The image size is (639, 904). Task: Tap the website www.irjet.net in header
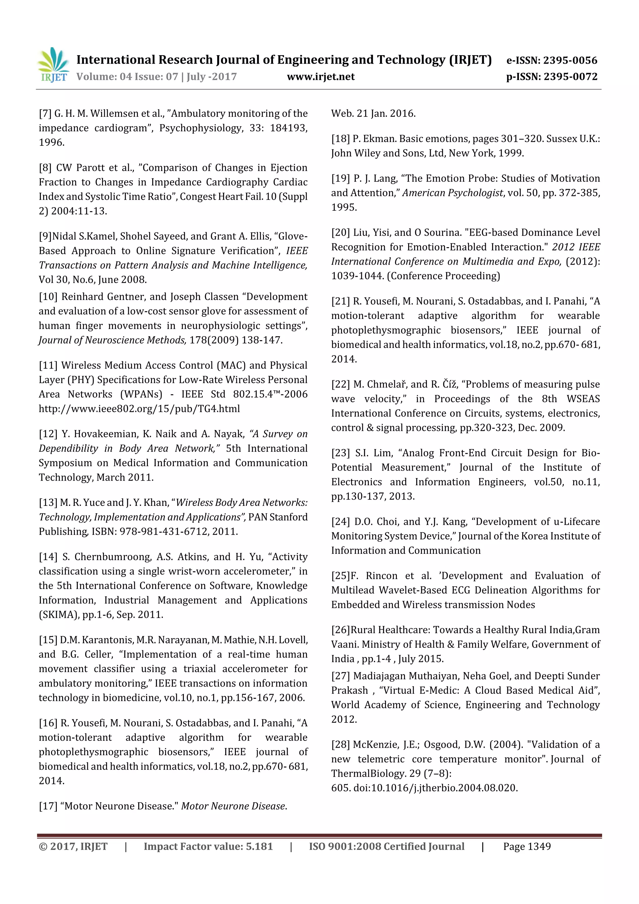tap(320, 77)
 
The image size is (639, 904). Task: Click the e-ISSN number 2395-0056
tap(570, 60)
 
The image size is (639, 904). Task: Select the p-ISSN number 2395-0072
tap(570, 77)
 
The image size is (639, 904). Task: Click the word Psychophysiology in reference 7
tap(200, 128)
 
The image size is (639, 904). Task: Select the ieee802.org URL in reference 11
tap(139, 409)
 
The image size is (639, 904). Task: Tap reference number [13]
tap(48, 503)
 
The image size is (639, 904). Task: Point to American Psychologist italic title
tap(452, 193)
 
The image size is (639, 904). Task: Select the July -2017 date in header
tap(212, 77)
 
